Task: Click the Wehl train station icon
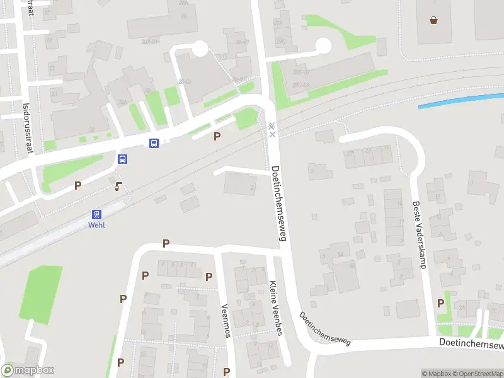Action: [x=97, y=214]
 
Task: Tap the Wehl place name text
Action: [x=96, y=226]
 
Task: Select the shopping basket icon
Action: [x=434, y=20]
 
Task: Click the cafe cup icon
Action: [x=118, y=185]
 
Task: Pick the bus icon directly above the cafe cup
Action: [x=123, y=159]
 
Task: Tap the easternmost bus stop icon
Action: [x=154, y=143]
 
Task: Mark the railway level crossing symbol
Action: [x=272, y=129]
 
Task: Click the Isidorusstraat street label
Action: [x=26, y=128]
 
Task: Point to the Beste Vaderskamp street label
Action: [x=419, y=234]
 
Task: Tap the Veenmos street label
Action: [x=225, y=321]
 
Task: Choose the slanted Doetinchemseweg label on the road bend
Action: [x=324, y=329]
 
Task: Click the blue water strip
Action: [x=460, y=101]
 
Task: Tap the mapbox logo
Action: [x=28, y=370]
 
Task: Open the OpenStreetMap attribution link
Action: [x=481, y=374]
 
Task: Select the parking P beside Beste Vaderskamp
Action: [x=441, y=304]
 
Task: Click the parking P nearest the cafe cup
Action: [x=78, y=185]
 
